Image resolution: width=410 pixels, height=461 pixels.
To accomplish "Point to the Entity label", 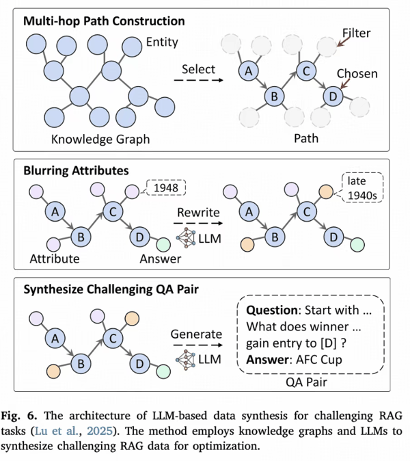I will (162, 42).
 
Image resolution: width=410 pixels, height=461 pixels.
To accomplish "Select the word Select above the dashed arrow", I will (199, 70).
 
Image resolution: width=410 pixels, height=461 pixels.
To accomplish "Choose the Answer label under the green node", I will (160, 259).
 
